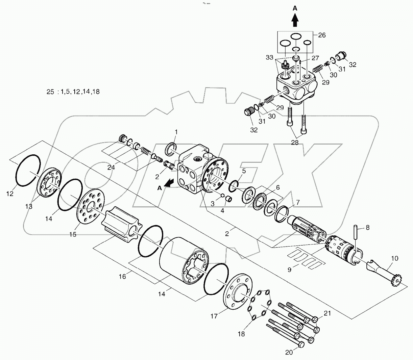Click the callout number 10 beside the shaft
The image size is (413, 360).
click(x=394, y=259)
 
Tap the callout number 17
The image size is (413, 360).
click(x=214, y=316)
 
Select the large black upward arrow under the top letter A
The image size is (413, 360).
click(x=295, y=21)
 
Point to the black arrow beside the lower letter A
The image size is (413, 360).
click(x=172, y=183)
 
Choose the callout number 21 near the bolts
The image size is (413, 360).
click(x=327, y=314)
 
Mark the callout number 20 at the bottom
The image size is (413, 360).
click(x=289, y=353)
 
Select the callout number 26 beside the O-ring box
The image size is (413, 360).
click(x=322, y=35)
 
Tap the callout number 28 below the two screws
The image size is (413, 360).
click(x=295, y=143)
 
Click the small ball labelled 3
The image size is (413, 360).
click(x=223, y=195)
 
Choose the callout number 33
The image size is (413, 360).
click(x=269, y=58)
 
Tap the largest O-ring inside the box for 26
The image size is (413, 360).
click(x=296, y=37)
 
